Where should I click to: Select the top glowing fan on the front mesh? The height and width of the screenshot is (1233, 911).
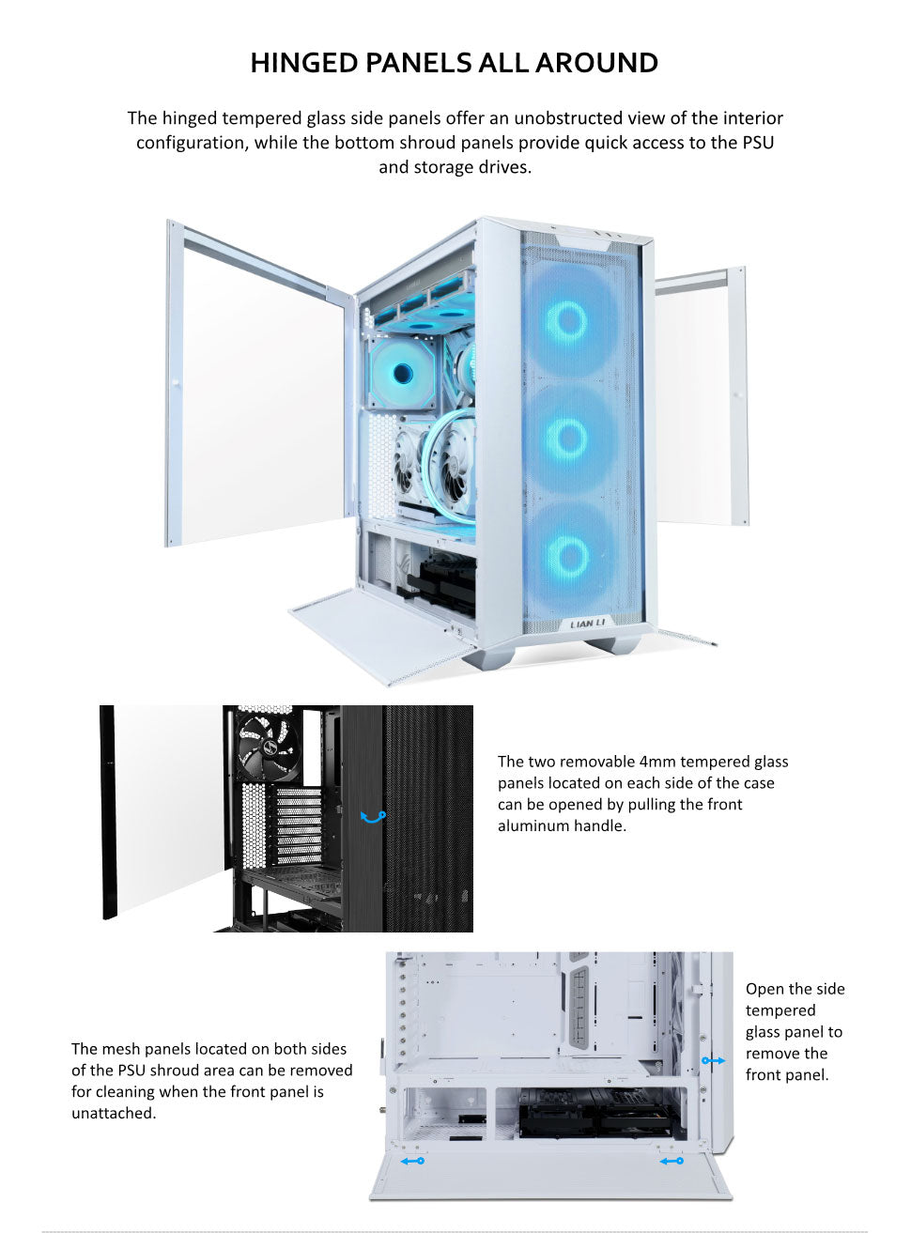[x=568, y=321]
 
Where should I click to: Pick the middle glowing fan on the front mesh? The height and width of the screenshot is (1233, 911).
[x=568, y=438]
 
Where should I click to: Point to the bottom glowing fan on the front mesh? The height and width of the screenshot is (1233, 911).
[x=568, y=556]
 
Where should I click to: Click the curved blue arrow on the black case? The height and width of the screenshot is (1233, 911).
[x=373, y=817]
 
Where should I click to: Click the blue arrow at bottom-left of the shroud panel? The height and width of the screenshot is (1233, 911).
[x=412, y=1161]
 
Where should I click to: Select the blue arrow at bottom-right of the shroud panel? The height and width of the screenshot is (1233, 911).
[x=672, y=1162]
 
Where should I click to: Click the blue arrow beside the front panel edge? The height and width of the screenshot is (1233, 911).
[x=713, y=1060]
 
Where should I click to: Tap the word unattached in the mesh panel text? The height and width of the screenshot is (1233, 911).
[x=113, y=1114]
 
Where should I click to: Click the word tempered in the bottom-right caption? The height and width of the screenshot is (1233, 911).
[x=780, y=1010]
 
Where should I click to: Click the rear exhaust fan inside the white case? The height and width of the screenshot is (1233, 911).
[x=403, y=374]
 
